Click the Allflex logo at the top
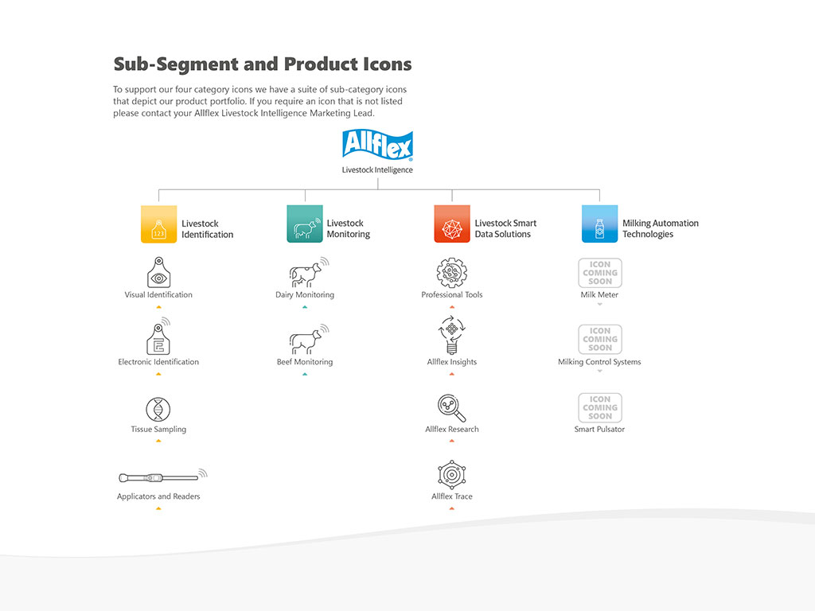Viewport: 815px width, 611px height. point(377,145)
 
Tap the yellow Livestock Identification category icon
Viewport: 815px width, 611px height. point(158,224)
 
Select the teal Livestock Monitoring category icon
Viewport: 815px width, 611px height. point(304,224)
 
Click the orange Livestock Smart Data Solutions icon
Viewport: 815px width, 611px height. point(451,224)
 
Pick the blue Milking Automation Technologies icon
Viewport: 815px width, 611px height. point(599,224)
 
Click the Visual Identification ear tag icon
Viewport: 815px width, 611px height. point(158,272)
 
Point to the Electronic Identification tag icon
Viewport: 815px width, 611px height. point(158,338)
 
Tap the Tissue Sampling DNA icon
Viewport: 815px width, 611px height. point(158,410)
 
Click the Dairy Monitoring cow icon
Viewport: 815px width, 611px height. point(306,273)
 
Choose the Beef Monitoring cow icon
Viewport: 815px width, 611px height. point(306,340)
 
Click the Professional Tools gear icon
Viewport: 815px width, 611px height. point(451,273)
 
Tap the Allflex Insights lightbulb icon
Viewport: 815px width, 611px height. point(451,335)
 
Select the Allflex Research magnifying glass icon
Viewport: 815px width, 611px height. point(451,408)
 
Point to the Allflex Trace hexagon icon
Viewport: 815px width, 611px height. point(451,475)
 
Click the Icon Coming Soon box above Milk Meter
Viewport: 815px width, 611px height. point(600,273)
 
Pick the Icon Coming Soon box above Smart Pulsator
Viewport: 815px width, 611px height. point(600,407)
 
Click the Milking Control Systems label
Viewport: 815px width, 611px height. point(599,362)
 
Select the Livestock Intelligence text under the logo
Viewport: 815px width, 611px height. point(377,169)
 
